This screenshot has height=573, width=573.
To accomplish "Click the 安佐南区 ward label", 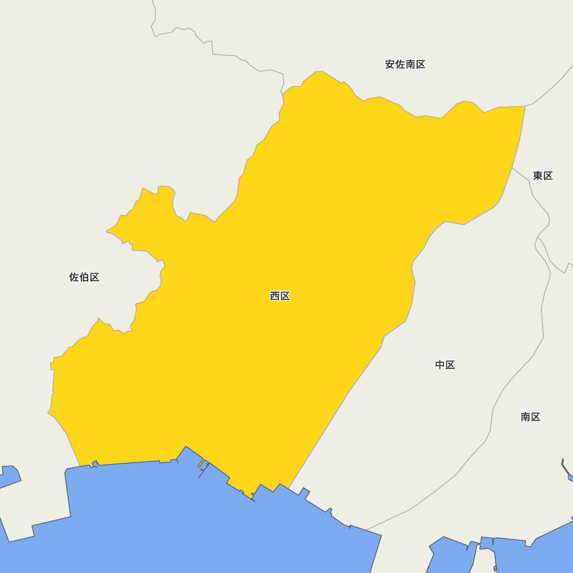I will [x=405, y=65].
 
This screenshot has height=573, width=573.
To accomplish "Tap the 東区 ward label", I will [x=543, y=176].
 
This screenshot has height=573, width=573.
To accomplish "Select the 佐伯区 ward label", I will [x=84, y=277].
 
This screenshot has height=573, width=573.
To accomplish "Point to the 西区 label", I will [x=280, y=296].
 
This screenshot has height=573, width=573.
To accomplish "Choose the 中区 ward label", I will [x=445, y=365].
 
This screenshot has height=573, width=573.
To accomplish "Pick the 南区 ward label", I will [x=531, y=417].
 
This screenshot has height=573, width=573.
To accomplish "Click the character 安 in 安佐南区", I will [x=390, y=65].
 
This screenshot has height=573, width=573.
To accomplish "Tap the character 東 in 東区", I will [x=538, y=176].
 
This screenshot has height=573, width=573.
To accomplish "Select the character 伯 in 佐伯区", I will [x=84, y=277].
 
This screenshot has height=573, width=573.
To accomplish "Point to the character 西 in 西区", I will [x=275, y=296].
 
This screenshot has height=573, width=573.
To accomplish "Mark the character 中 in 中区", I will [x=440, y=365].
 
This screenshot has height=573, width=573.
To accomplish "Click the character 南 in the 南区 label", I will [x=526, y=417].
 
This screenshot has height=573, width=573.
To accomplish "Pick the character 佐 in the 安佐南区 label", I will [x=400, y=65].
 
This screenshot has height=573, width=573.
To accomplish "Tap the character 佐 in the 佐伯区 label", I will [x=74, y=277].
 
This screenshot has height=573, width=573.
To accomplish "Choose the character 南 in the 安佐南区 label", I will [x=410, y=65].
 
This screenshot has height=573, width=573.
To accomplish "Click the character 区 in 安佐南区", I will [x=421, y=65].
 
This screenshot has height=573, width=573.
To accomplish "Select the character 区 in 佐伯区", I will [x=95, y=277].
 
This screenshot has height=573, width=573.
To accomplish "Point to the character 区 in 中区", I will [x=450, y=365].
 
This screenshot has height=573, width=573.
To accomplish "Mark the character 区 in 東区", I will [x=548, y=176].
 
